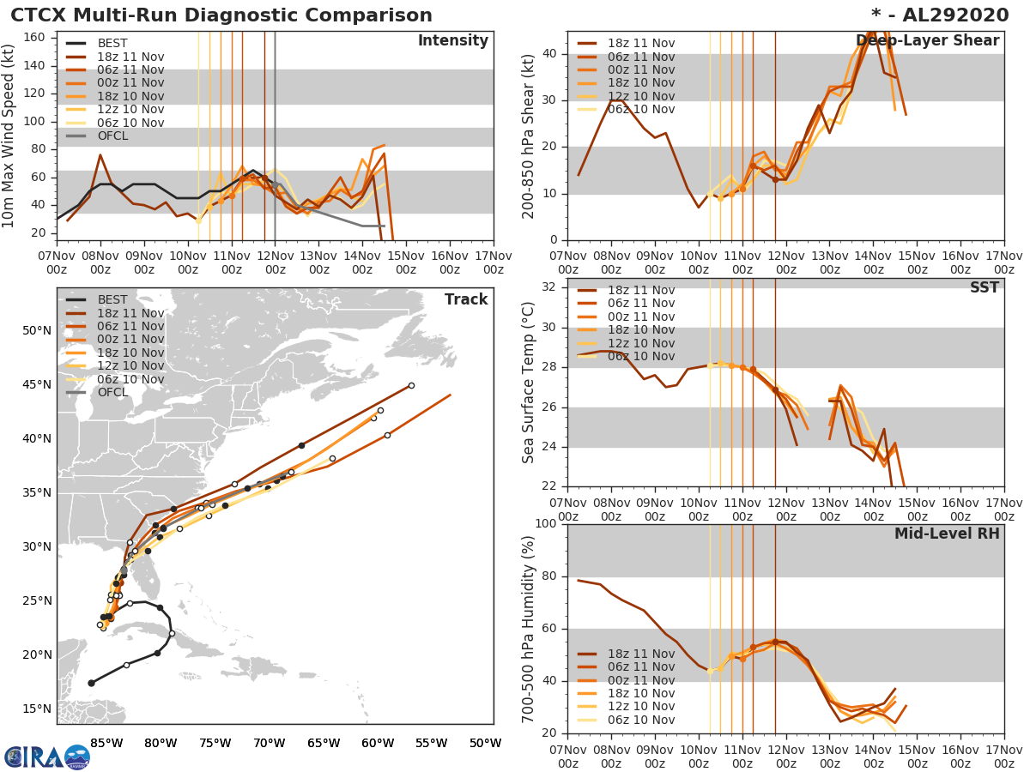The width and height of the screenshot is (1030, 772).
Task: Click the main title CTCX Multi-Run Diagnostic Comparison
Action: click(x=221, y=15)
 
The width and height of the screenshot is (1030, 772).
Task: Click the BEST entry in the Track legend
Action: click(x=112, y=300)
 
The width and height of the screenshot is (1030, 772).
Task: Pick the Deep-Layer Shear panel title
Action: click(x=927, y=41)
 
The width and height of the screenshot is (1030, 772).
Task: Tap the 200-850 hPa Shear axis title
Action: click(x=530, y=136)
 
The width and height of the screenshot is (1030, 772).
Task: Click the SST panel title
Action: click(x=984, y=288)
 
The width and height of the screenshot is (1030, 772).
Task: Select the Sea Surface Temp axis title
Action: click(x=530, y=382)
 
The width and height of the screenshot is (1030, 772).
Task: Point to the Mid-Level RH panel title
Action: click(x=947, y=534)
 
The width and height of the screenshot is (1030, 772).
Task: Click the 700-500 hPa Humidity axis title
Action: click(x=530, y=628)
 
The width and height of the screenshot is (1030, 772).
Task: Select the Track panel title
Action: click(x=465, y=299)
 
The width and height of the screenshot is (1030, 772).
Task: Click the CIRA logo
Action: click(x=47, y=757)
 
